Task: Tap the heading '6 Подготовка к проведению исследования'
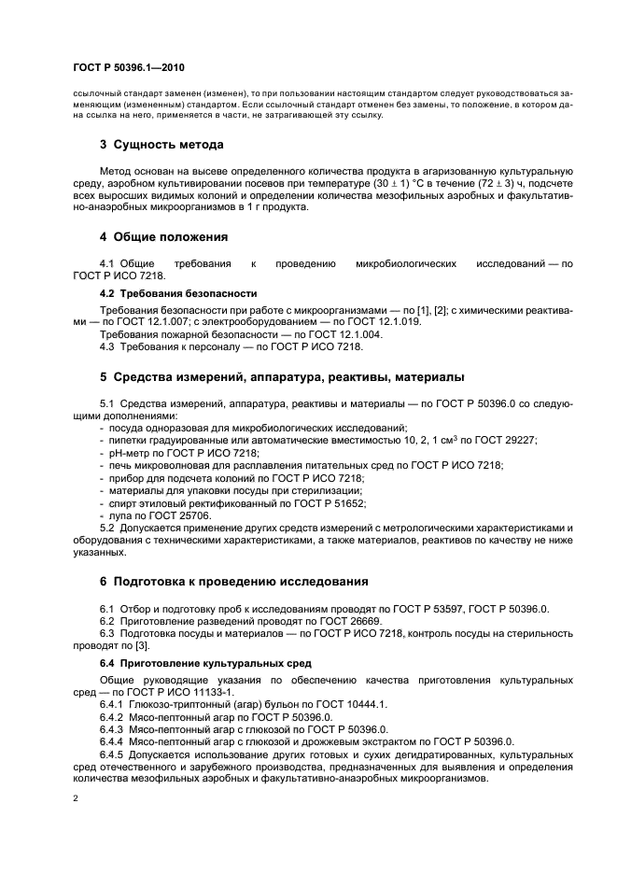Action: [x=234, y=581]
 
